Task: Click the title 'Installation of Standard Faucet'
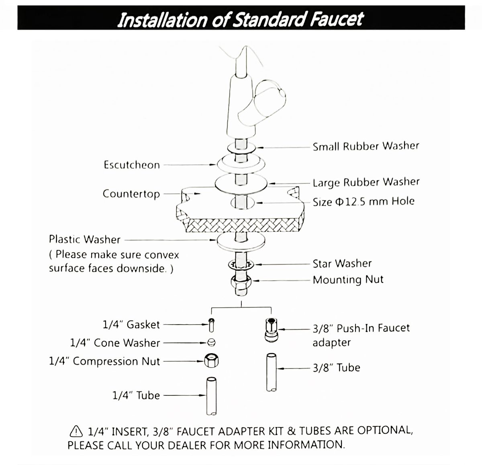click(240, 19)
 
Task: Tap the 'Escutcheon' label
click(132, 165)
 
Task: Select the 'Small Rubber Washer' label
click(366, 146)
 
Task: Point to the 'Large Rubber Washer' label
click(366, 182)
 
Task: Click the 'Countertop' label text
click(131, 194)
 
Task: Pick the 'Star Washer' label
click(342, 263)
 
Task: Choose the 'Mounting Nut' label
click(348, 280)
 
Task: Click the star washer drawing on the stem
click(241, 265)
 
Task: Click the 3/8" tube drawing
click(272, 372)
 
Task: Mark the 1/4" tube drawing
click(212, 395)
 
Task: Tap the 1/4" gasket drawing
click(212, 324)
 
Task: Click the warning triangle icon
click(76, 431)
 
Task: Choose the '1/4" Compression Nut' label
click(104, 361)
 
